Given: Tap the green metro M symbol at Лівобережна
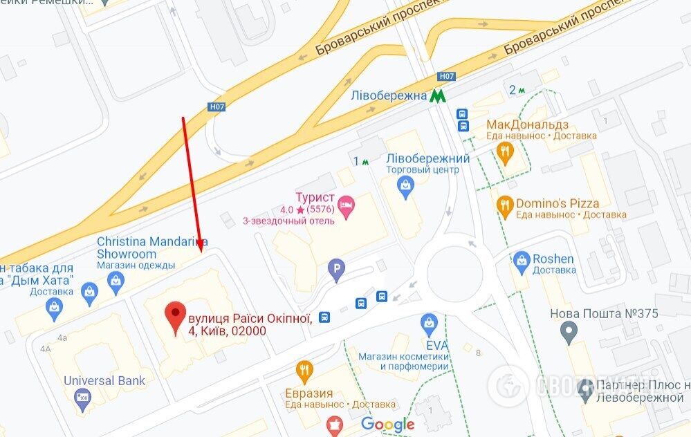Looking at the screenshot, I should [x=436, y=96].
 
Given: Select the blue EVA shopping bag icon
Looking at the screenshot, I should [x=430, y=322].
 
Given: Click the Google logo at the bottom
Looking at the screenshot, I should [x=387, y=424].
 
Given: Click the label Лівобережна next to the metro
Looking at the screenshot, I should [x=388, y=96].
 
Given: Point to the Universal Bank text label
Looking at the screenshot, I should [x=104, y=380].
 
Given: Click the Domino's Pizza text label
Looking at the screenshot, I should [x=557, y=203].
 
